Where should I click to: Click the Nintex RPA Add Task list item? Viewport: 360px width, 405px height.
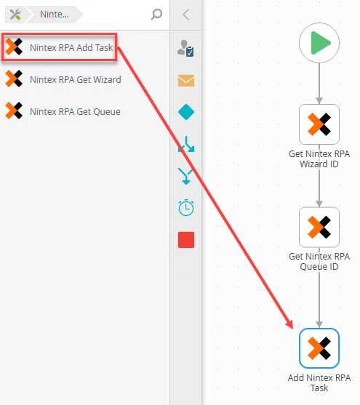pos(59,47)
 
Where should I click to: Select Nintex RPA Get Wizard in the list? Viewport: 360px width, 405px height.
pos(63,79)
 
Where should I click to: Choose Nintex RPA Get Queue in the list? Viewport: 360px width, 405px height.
pos(63,111)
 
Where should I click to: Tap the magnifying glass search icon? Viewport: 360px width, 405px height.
pos(156,15)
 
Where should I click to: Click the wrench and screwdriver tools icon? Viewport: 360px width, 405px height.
pos(15,15)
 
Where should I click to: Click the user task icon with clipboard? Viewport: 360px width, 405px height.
pos(185,48)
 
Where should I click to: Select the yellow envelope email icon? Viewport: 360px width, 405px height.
pos(186,81)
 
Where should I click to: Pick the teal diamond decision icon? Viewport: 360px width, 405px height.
pos(186,112)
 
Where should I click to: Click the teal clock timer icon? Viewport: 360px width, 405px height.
pos(186,208)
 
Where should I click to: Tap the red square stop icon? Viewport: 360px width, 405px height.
pos(186,240)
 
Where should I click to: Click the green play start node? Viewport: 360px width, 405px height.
pos(319,43)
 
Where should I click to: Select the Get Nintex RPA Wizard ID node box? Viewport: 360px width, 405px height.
pos(319,124)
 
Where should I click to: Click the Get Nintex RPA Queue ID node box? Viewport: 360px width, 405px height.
pos(319,227)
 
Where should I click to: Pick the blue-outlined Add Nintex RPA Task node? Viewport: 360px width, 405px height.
pos(319,348)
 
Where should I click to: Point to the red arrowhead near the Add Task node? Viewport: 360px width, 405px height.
pos(290,324)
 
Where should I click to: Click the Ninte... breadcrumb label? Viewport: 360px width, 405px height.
pos(55,15)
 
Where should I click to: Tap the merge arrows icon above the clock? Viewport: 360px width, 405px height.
pos(186,176)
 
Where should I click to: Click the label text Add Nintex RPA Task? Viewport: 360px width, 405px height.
pos(319,382)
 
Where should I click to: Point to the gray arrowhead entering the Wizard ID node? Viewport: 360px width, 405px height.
pos(319,101)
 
